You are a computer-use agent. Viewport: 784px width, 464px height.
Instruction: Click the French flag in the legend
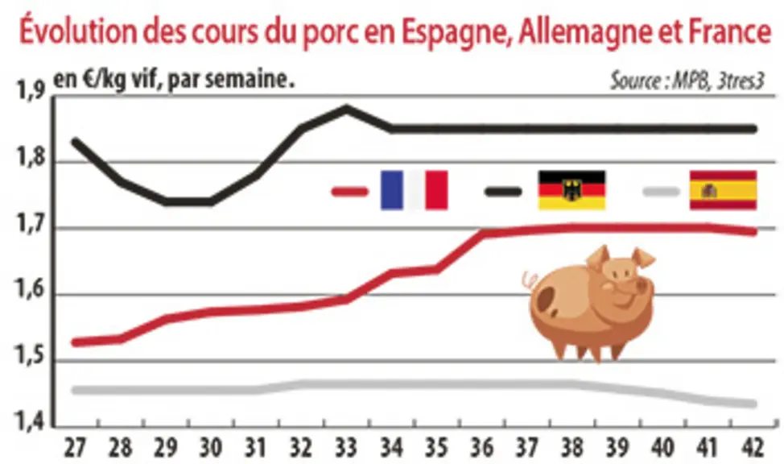pyautogui.click(x=414, y=190)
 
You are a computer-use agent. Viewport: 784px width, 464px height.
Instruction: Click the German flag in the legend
pyautogui.click(x=571, y=190)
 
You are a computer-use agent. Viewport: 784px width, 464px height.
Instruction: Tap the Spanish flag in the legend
pyautogui.click(x=723, y=190)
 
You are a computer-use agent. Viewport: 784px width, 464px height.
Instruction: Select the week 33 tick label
pyautogui.click(x=345, y=447)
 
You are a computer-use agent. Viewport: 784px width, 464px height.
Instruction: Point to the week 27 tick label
pyautogui.click(x=75, y=447)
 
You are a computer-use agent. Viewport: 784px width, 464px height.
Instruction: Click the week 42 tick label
pyautogui.click(x=752, y=447)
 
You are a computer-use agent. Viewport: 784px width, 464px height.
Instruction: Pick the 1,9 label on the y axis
pyautogui.click(x=31, y=92)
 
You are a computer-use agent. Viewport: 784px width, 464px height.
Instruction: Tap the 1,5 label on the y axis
pyautogui.click(x=31, y=355)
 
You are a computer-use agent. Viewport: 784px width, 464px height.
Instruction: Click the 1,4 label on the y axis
pyautogui.click(x=31, y=422)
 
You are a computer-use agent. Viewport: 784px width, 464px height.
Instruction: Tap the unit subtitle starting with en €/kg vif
pyautogui.click(x=174, y=80)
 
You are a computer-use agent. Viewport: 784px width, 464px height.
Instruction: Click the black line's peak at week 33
pyautogui.click(x=346, y=108)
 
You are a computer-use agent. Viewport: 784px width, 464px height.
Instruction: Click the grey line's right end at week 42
pyautogui.click(x=753, y=404)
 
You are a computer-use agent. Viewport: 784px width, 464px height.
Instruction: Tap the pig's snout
pyautogui.click(x=642, y=285)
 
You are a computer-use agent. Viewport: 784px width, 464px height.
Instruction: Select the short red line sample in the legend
pyautogui.click(x=350, y=191)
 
